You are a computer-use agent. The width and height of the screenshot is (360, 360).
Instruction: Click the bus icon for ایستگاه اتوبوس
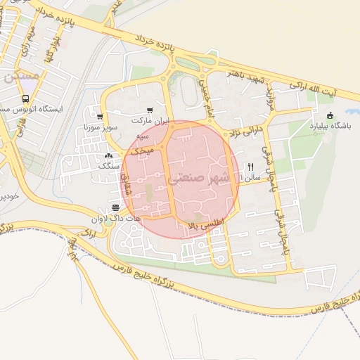click(x=26, y=99)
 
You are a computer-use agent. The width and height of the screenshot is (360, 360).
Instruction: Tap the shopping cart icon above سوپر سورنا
click(x=100, y=117)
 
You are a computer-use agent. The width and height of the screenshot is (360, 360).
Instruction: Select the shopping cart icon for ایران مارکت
click(x=150, y=110)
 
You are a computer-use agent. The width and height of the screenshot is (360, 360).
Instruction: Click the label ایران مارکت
click(x=150, y=121)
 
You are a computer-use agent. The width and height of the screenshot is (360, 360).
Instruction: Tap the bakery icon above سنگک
click(x=108, y=156)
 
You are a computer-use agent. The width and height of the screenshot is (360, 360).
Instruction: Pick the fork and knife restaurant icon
click(x=249, y=167)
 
